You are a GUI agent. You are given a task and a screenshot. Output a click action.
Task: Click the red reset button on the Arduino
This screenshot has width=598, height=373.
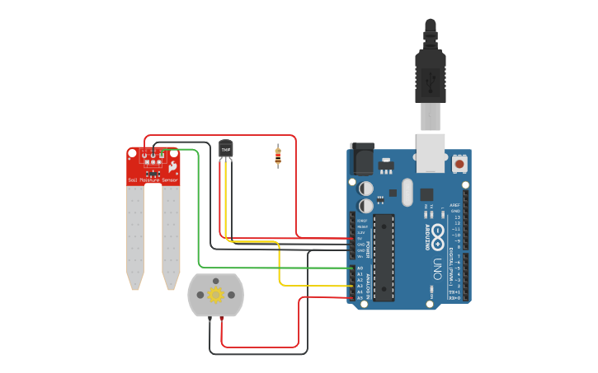pos(459,164)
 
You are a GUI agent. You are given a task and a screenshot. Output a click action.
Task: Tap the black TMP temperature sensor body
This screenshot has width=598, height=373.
pos(226,148)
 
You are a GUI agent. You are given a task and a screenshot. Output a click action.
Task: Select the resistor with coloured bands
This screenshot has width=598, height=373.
pos(278,155)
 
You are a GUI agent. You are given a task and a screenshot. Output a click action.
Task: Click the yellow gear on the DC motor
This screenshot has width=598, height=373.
pos(216,295)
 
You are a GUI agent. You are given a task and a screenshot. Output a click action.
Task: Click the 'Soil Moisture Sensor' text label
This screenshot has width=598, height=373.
pos(153,180)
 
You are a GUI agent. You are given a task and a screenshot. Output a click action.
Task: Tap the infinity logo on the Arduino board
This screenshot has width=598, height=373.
pos(437,233)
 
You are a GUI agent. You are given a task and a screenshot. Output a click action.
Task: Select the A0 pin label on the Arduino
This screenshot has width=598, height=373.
pos(360,268)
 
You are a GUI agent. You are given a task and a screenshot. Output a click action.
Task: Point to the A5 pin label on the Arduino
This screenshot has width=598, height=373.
pos(360,298)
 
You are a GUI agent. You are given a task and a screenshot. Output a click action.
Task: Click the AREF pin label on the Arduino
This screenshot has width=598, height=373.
pos(455,206)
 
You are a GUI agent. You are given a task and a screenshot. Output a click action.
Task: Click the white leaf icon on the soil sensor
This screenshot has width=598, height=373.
pos(172,167)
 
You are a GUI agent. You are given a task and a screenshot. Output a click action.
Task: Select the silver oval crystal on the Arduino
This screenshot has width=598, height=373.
pos(406,193)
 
